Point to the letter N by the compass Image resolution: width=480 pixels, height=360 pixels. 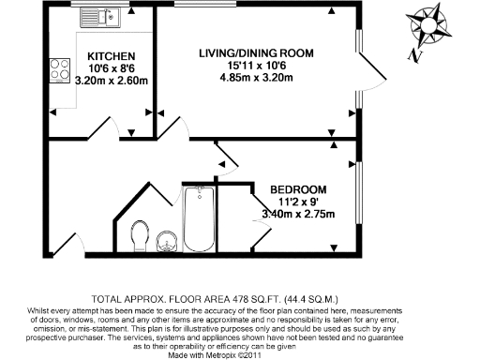pos(413,54)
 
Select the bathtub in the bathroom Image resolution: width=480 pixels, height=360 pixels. pos(199,219)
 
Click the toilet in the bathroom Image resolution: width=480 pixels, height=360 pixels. pos(142,236)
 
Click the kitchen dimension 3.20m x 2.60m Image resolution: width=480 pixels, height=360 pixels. pos(111,81)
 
